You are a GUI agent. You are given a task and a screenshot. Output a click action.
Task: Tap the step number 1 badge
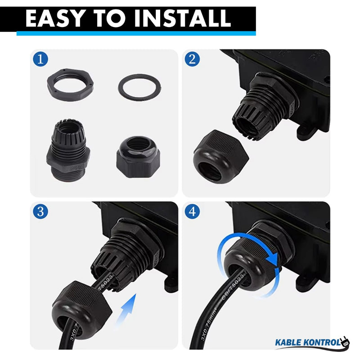coord(41,59)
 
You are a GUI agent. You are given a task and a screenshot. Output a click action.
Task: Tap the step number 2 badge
coord(193,59)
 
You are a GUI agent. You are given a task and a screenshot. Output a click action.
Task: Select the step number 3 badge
coord(41,211)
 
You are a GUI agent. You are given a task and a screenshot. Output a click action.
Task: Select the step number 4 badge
coord(193,211)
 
